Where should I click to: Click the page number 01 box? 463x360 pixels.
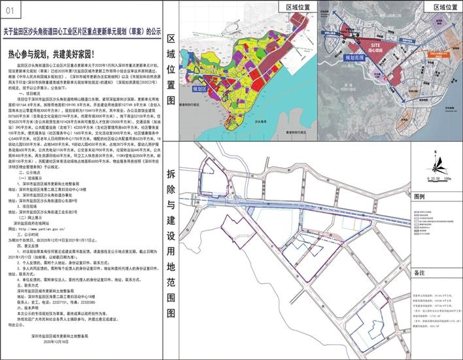point(9,9)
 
